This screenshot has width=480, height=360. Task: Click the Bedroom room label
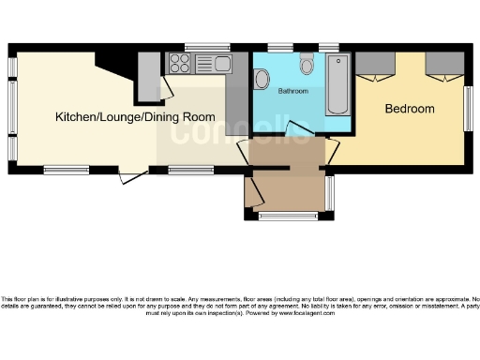pos(410,109)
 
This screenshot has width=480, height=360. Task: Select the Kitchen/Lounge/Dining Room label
pos(135,117)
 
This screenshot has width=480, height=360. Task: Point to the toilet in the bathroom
pos(306,65)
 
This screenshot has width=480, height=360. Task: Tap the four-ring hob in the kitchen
pos(179,64)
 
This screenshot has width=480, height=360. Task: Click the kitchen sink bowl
pos(221,64)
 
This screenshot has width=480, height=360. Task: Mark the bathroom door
pos(300,131)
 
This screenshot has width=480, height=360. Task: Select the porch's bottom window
pos(286,217)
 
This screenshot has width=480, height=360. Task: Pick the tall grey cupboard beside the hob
pos(149,75)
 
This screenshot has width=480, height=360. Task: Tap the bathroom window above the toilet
pos(279,47)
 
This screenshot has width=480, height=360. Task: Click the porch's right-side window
pos(328,193)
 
